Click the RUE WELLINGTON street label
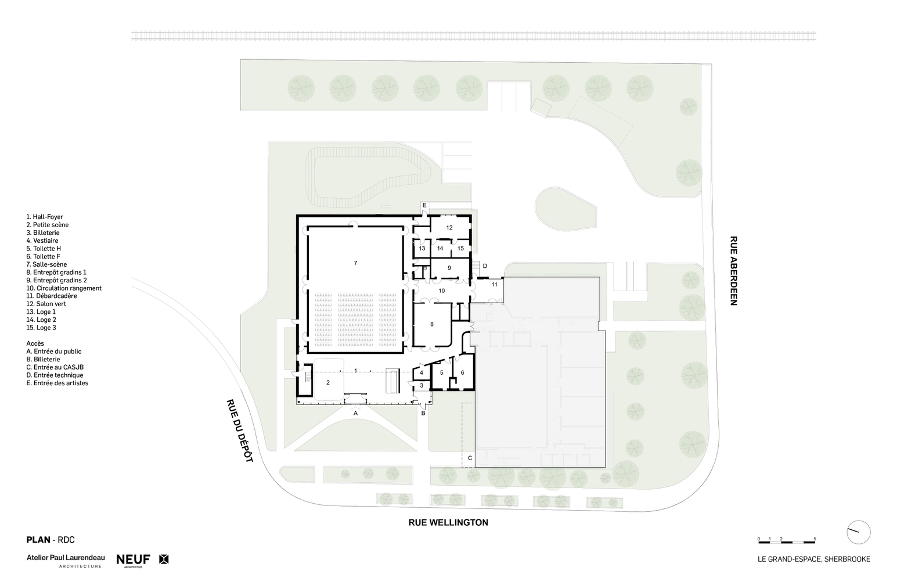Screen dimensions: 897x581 (x=448, y=522)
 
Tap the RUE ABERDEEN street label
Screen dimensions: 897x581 (x=733, y=271)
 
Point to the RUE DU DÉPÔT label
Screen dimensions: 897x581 (x=239, y=431)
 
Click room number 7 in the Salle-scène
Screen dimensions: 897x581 (x=355, y=263)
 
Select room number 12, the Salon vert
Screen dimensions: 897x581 (x=449, y=228)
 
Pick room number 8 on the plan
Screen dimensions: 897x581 (x=432, y=324)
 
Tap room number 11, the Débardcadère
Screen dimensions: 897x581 (x=495, y=285)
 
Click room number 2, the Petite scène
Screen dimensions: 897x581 (x=328, y=383)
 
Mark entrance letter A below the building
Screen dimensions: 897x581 (x=355, y=413)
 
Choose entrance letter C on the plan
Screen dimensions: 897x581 (x=470, y=458)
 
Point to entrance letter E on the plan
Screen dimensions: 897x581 (x=424, y=206)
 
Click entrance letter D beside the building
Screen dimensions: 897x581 (x=485, y=266)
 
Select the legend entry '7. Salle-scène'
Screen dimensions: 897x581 (x=46, y=264)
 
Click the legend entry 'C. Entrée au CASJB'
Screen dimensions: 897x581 (x=55, y=367)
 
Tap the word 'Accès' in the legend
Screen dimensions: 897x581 (x=35, y=343)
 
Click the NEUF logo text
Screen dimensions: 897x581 (x=134, y=560)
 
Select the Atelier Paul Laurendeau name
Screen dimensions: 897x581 (x=66, y=557)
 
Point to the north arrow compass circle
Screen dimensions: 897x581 (x=859, y=532)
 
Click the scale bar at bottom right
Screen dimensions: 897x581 (x=787, y=542)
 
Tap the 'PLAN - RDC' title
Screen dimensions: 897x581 (x=51, y=540)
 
